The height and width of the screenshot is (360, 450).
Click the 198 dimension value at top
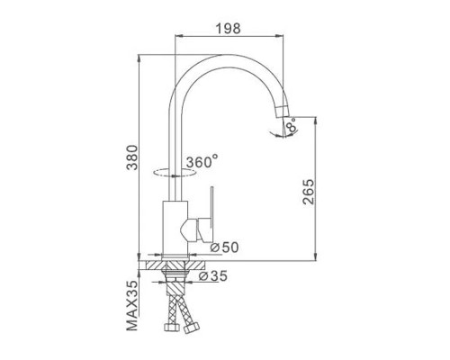(228, 28)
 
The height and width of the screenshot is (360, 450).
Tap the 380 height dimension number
(132, 157)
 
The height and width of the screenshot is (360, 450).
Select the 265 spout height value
(309, 192)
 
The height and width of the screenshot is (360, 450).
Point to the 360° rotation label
(202, 162)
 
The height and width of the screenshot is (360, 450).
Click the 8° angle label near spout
(292, 125)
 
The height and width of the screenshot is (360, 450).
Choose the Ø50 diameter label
(224, 247)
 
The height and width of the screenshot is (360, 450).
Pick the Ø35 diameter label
(213, 276)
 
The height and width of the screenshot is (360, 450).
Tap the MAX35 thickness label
(132, 305)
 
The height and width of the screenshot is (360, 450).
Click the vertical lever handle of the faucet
(211, 211)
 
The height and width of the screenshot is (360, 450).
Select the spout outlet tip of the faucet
(283, 112)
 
